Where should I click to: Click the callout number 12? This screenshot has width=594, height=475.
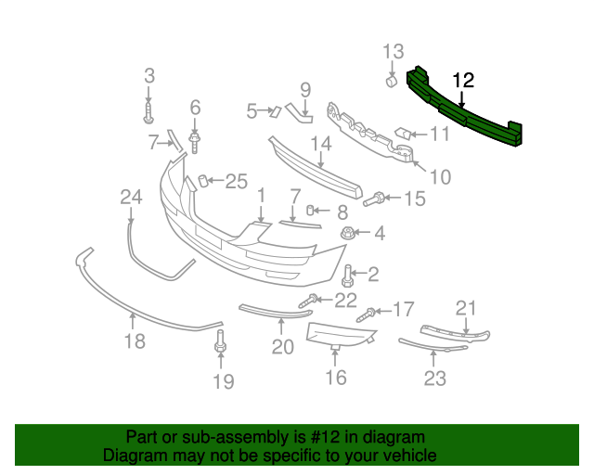[463, 81]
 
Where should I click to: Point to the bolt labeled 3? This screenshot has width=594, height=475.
[148, 113]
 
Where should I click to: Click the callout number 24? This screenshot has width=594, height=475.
[131, 196]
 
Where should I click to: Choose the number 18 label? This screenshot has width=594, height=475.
[135, 341]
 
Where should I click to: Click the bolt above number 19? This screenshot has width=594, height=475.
[221, 340]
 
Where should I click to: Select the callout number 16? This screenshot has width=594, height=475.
[335, 377]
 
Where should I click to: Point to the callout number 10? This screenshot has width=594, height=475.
[439, 175]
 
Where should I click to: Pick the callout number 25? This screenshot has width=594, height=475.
[237, 182]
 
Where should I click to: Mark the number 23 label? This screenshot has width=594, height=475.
[435, 378]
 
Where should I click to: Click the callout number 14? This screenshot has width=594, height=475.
[321, 144]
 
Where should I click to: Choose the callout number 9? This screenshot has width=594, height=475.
[304, 90]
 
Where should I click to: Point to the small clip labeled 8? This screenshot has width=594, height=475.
[313, 211]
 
